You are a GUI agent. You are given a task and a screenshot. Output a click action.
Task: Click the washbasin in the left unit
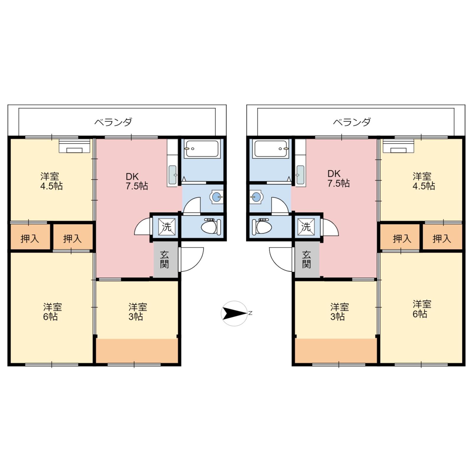(217, 197)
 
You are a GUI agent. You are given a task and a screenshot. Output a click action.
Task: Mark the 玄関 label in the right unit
(307, 260)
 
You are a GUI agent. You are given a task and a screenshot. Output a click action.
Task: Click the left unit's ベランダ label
(113, 122)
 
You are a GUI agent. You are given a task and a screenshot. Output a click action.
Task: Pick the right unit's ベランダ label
(352, 122)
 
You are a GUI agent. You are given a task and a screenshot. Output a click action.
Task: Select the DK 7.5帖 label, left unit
(137, 181)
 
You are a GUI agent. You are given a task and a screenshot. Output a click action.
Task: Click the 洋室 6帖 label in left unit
(52, 312)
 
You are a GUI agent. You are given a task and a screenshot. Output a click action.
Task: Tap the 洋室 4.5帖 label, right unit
(423, 181)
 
